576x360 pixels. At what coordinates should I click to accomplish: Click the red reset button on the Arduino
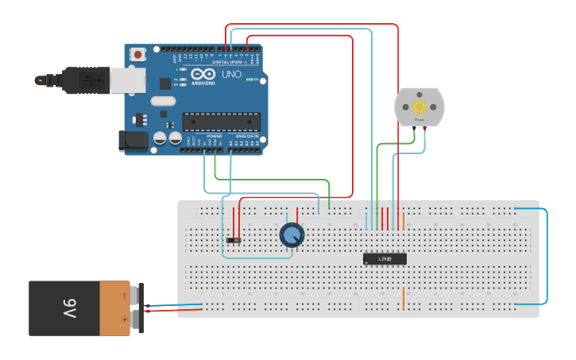[x=138, y=55]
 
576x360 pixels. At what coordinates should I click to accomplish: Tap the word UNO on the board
[x=230, y=74]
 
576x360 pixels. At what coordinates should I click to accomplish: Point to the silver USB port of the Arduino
[x=127, y=79]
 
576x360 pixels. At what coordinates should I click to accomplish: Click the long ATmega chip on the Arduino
[x=221, y=122]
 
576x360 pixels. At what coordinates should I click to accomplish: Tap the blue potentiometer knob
[x=292, y=235]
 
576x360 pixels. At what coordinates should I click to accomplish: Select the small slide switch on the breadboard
[x=234, y=240]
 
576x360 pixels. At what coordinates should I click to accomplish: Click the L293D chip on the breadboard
[x=385, y=258]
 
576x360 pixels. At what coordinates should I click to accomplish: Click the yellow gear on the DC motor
[x=419, y=106]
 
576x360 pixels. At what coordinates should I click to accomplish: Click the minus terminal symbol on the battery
[x=124, y=295]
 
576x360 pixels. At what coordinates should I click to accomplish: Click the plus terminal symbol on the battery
[x=124, y=320]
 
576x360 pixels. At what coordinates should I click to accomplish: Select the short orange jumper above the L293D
[x=404, y=219]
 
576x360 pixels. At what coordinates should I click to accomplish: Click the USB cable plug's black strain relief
[x=52, y=80]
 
